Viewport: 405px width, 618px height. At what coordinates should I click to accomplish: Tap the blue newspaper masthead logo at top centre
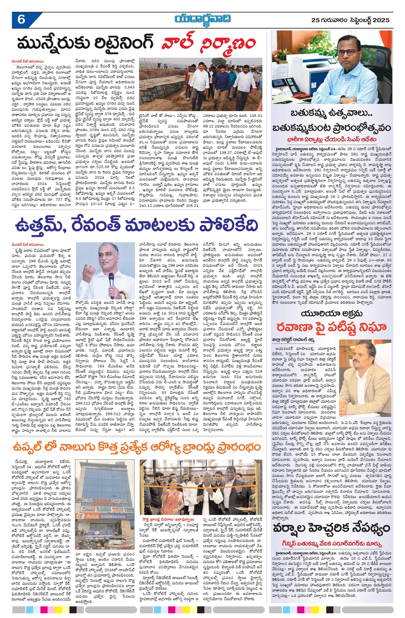202,19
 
